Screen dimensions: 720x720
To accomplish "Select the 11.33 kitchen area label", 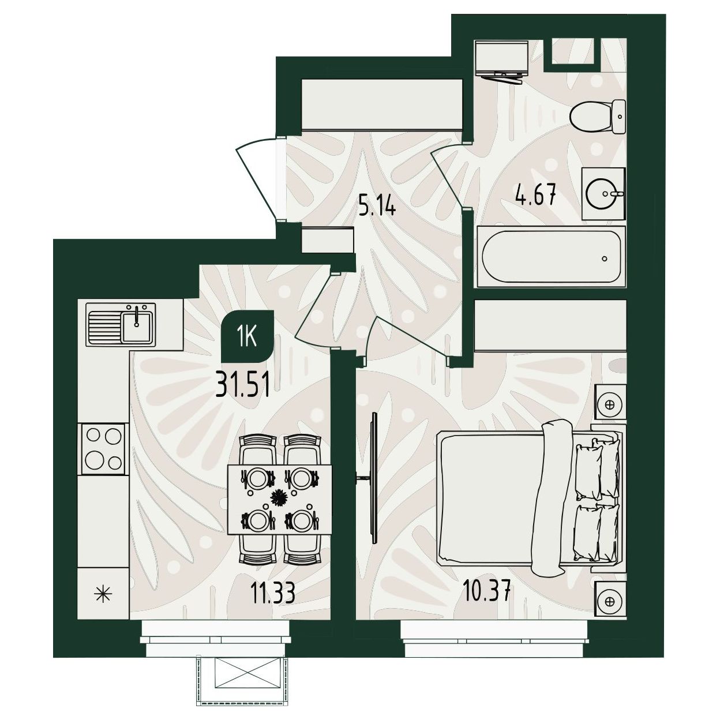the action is pyautogui.click(x=273, y=592).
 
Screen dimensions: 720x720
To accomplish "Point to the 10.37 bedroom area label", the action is pyautogui.click(x=486, y=591).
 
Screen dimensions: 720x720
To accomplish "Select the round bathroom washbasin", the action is pyautogui.click(x=603, y=193).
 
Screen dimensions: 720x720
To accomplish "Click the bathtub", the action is pyautogui.click(x=551, y=257).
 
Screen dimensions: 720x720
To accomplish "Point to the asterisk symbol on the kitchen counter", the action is pyautogui.click(x=103, y=592).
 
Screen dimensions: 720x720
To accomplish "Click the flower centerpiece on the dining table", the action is pyautogui.click(x=278, y=498).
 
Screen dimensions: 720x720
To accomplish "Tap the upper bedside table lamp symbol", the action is pyautogui.click(x=610, y=404).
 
